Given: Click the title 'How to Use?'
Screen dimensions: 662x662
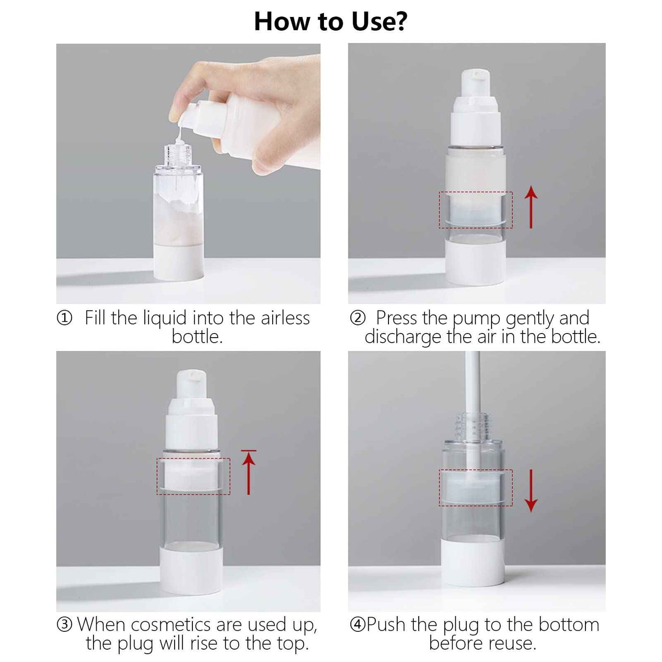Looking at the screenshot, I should click(x=330, y=22).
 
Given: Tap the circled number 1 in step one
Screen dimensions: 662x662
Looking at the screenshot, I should click(x=64, y=317).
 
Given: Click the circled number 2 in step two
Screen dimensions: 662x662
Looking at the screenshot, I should click(x=357, y=317).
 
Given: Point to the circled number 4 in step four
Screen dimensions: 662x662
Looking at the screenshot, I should click(x=357, y=624).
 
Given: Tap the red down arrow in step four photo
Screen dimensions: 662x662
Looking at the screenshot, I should click(x=531, y=490).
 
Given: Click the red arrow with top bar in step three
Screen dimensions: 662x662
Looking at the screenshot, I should click(x=248, y=472).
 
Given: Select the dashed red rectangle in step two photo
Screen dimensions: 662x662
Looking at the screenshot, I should click(x=476, y=210).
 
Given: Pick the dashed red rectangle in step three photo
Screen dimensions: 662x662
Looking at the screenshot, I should click(x=193, y=476).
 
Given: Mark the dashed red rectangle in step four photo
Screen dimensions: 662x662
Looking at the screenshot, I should click(x=476, y=487).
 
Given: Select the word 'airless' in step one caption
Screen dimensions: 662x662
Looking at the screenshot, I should click(x=285, y=318).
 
